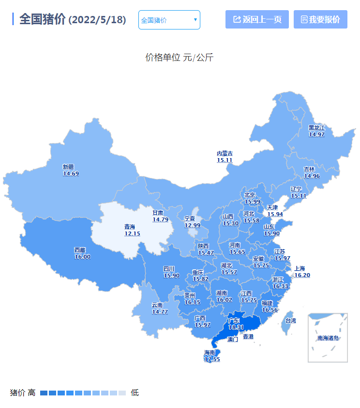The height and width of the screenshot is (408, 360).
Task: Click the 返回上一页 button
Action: [257, 19]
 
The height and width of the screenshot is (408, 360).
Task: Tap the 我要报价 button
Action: [320, 19]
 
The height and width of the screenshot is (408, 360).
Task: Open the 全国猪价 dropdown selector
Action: [169, 20]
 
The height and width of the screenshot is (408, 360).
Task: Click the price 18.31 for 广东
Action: [236, 327]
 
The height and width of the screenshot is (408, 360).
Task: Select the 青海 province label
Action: [130, 227]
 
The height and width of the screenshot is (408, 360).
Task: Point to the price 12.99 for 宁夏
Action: [192, 225]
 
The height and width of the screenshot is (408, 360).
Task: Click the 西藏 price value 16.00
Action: [82, 257]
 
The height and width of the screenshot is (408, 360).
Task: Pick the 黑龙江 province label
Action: [316, 128]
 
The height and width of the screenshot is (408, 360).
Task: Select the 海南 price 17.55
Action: [212, 360]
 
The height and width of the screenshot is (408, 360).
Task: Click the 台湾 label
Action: [290, 321]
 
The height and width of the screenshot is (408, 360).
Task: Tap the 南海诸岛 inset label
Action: [328, 338]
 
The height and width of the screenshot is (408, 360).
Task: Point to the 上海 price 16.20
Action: [302, 275]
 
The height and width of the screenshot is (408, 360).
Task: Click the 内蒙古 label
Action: [225, 153]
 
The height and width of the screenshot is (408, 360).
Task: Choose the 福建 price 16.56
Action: [270, 310]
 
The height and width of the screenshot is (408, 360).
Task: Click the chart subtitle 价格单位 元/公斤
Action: [180, 58]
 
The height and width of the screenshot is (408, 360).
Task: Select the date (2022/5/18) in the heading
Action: [97, 20]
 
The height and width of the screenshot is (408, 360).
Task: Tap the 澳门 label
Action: [233, 339]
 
